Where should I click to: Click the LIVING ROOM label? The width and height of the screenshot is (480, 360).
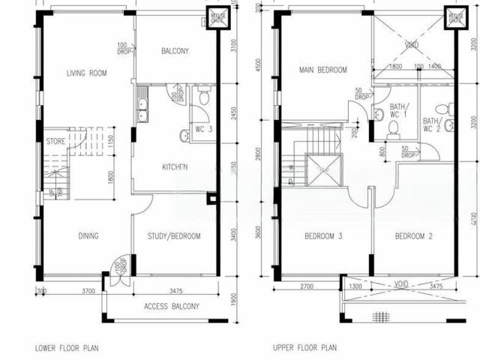point(86,73)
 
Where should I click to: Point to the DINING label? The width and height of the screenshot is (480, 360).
point(88,236)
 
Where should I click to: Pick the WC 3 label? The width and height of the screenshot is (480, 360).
point(204,130)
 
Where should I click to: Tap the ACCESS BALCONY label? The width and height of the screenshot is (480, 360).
point(172,307)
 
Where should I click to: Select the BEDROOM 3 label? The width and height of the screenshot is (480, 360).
point(323,236)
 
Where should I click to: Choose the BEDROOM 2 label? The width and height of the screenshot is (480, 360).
point(415,236)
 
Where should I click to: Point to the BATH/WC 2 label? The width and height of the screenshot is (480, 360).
point(432,124)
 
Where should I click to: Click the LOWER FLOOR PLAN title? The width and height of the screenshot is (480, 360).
point(67,348)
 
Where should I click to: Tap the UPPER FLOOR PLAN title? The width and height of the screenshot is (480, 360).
point(305,348)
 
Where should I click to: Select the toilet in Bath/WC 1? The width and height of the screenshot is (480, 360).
point(392,129)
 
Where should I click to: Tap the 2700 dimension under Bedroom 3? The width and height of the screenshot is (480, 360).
point(307,286)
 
